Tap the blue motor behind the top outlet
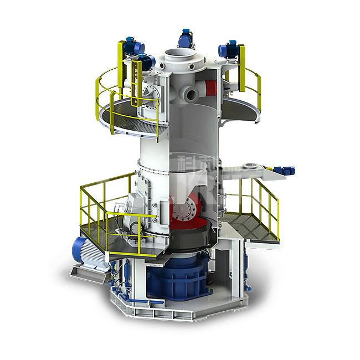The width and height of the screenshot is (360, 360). (x=185, y=39)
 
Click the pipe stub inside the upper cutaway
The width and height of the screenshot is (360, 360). (x=191, y=94)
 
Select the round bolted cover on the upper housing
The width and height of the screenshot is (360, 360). (x=150, y=92)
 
